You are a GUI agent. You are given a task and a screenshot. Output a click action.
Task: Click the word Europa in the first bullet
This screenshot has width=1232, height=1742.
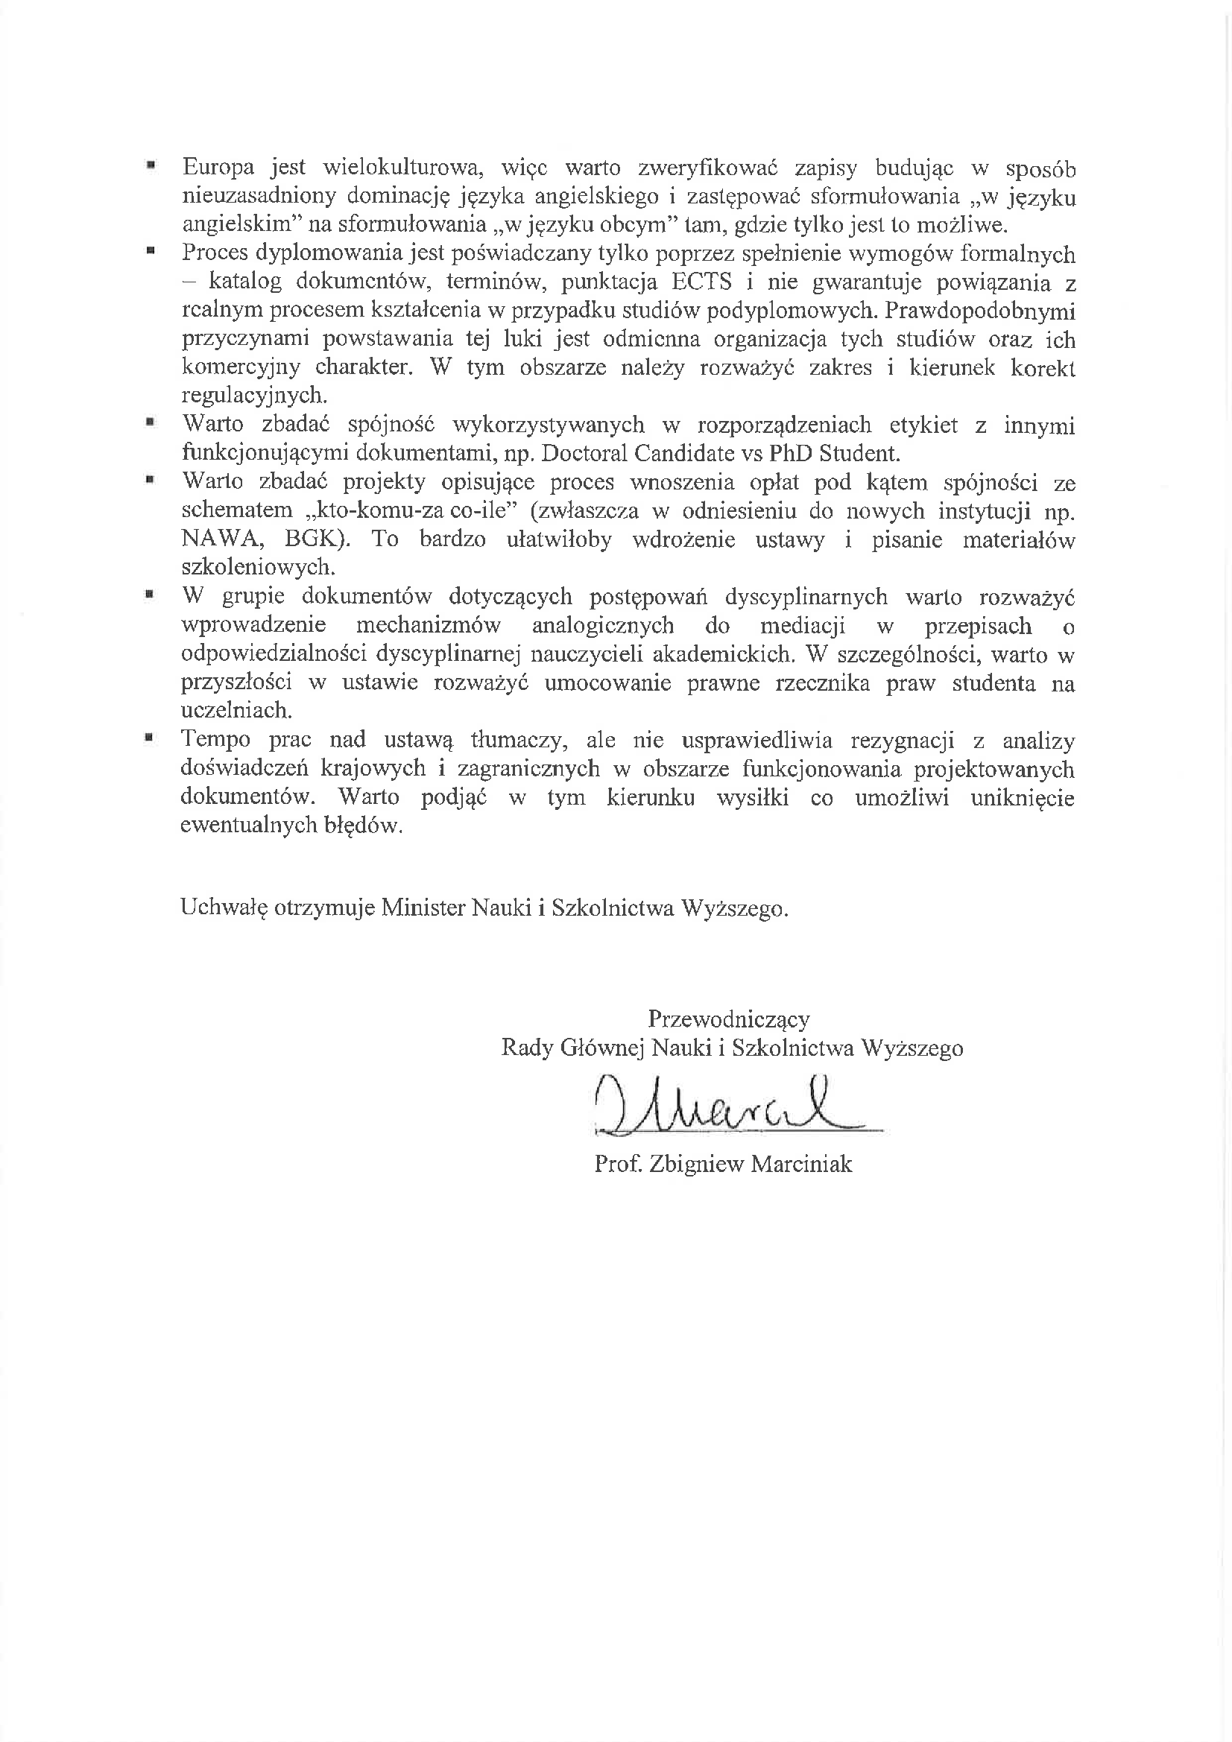point(218,168)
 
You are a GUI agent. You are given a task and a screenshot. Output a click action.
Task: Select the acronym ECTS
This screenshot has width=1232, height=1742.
point(701,282)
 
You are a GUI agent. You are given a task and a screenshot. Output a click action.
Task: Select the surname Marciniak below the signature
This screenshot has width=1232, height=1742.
point(801,1164)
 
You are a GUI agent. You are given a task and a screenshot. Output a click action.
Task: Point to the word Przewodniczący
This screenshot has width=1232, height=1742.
point(728,1019)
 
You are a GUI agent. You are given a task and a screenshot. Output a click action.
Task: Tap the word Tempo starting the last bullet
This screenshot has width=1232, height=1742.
point(215,739)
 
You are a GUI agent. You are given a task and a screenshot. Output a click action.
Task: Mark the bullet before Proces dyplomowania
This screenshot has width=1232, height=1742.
point(151,248)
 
